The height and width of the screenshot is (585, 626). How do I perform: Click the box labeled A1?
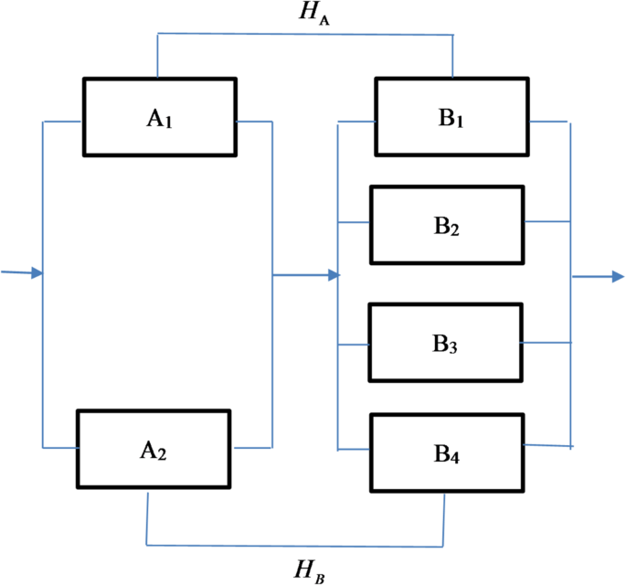click(x=160, y=116)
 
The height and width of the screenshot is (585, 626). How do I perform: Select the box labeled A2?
click(x=153, y=448)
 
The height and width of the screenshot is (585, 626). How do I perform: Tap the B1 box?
click(x=453, y=116)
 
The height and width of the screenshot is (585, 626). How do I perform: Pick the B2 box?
click(x=446, y=224)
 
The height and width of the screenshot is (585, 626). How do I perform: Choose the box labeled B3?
click(x=445, y=342)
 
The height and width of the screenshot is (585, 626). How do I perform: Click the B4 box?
click(x=446, y=450)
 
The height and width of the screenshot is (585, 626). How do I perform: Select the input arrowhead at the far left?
click(x=37, y=272)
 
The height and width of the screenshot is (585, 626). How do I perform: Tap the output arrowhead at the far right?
click(x=618, y=275)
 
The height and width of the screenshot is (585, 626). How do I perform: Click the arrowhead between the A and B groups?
click(x=334, y=274)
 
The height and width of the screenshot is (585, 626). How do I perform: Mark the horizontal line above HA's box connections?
click(x=305, y=35)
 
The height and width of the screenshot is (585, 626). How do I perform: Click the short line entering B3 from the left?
click(x=354, y=345)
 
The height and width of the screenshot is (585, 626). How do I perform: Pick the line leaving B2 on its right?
click(x=546, y=221)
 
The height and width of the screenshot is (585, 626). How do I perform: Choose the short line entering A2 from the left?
click(x=60, y=447)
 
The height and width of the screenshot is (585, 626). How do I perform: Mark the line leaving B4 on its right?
click(x=547, y=446)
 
